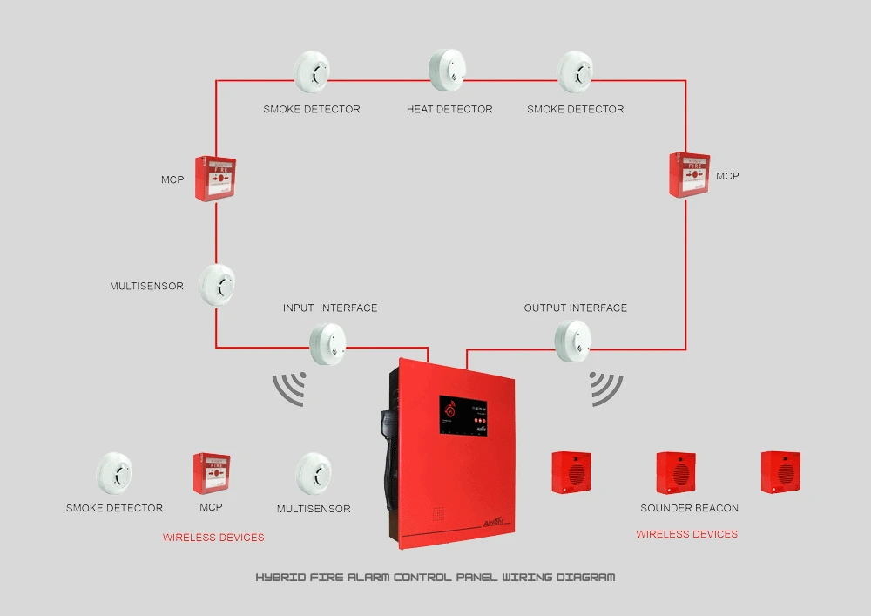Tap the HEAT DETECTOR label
(449, 110)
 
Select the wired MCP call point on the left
(216, 178)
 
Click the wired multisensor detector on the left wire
(217, 284)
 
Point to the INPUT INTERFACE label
(330, 308)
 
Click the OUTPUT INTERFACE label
(575, 308)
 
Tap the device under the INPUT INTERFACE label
(328, 342)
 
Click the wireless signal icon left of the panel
(291, 389)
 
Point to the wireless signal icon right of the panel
(606, 389)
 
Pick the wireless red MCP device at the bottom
(211, 472)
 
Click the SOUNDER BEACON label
(689, 508)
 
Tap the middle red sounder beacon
(676, 472)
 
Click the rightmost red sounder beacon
(780, 472)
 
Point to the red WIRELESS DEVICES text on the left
(213, 538)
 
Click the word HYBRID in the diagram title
(278, 578)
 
